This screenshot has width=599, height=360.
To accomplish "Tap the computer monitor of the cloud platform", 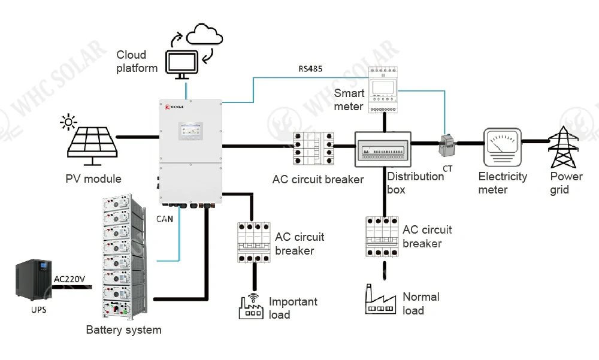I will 181,63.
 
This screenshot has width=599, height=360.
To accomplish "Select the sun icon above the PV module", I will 69,123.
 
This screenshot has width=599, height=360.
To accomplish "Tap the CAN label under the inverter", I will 164,219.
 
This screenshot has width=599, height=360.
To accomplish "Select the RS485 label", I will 310,68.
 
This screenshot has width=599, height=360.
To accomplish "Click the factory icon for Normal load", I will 381,300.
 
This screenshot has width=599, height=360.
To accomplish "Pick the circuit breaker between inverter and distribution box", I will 313,149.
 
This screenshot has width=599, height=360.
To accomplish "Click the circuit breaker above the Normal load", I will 382,236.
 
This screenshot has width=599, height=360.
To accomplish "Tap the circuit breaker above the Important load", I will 253,242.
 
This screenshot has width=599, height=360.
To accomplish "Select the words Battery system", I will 123,329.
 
